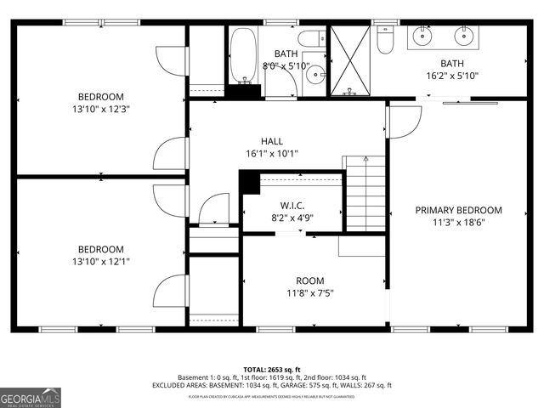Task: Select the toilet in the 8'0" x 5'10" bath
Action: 310,37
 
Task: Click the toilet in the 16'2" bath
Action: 385,40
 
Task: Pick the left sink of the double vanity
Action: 422,36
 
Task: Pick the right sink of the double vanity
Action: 463,36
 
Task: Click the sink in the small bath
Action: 314,75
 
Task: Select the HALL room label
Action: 272,141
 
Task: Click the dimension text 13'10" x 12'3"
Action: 101,109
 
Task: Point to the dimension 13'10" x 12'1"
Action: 101,262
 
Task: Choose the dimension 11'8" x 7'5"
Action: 309,293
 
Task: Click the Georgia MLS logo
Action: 31,396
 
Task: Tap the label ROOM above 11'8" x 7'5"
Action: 309,280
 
